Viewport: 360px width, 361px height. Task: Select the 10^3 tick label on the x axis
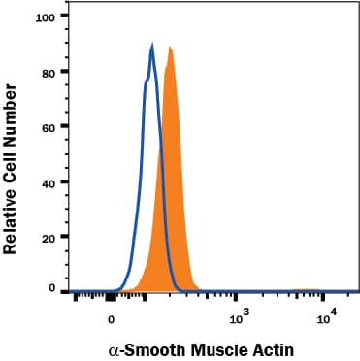pos(236,316)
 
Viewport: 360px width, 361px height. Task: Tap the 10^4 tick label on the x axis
pos(326,316)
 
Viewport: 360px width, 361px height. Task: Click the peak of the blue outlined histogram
pos(152,46)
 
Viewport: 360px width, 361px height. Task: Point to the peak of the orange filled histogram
pos(170,48)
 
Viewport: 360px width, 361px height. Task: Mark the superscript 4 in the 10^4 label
pos(333,312)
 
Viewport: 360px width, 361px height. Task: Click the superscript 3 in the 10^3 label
pos(243,312)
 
